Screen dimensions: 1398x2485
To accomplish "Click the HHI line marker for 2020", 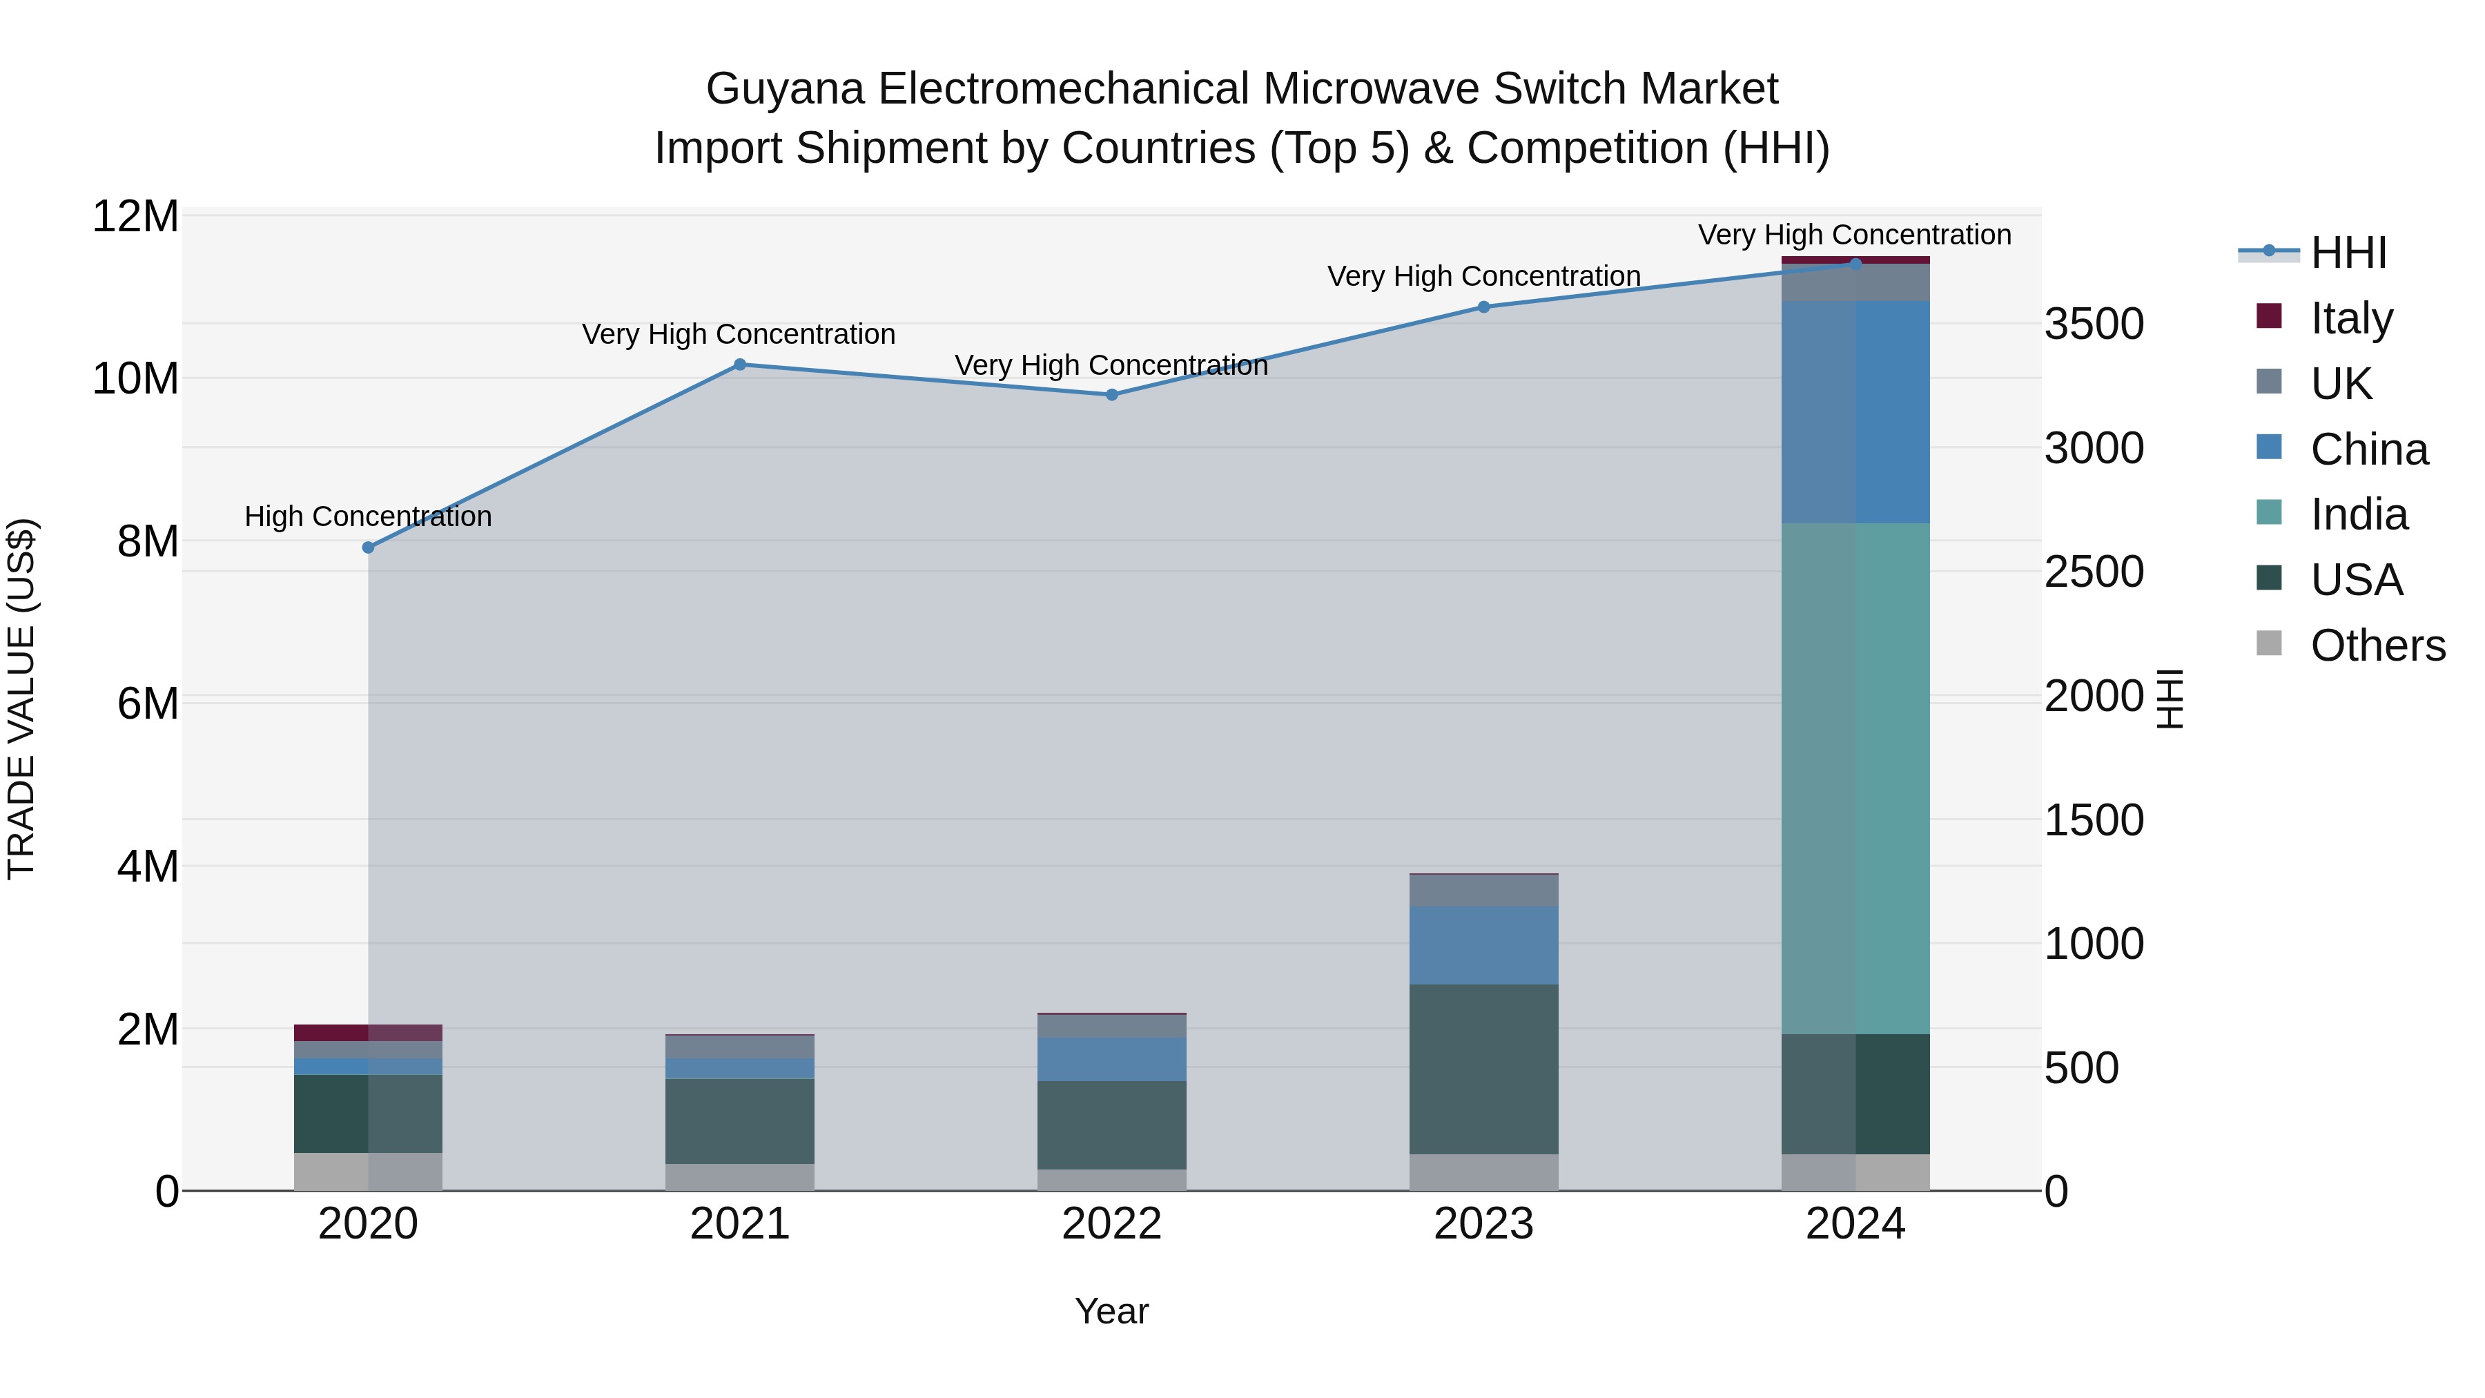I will (367, 547).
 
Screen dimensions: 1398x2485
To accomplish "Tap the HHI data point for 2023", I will (1483, 307).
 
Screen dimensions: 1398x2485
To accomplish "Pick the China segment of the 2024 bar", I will (1855, 412).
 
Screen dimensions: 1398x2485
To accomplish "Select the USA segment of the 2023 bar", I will (1483, 1069).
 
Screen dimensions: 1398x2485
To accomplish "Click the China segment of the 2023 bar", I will (1483, 946).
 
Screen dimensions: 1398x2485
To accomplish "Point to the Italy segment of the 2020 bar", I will (367, 1032).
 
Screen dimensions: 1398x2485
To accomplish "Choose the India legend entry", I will (2358, 514).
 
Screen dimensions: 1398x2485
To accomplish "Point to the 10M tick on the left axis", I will (135, 379).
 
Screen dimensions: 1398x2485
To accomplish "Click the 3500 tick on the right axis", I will (2094, 324).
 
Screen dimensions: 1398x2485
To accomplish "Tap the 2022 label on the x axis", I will (1111, 1224).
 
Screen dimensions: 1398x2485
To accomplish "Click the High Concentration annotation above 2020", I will (367, 516).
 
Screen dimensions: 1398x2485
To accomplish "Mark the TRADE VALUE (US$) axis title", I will (21, 699).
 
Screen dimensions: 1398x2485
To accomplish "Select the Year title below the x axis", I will (1111, 1311).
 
